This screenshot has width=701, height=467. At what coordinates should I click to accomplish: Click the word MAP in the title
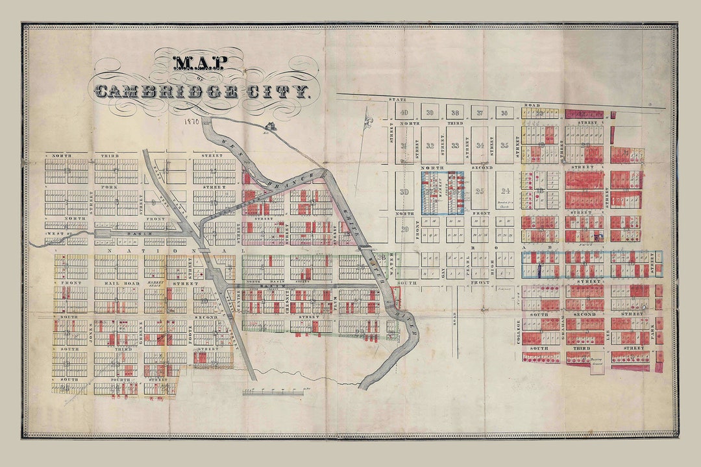point(200,63)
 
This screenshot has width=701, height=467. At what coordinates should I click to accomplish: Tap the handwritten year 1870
point(191,121)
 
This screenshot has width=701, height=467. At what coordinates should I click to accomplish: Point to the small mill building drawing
point(269,126)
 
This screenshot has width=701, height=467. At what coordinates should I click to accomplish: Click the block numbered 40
point(404,112)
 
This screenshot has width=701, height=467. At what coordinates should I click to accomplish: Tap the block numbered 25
point(480,191)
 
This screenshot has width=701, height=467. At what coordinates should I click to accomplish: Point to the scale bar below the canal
point(273,391)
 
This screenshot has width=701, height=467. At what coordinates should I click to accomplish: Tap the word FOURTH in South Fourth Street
point(115,379)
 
